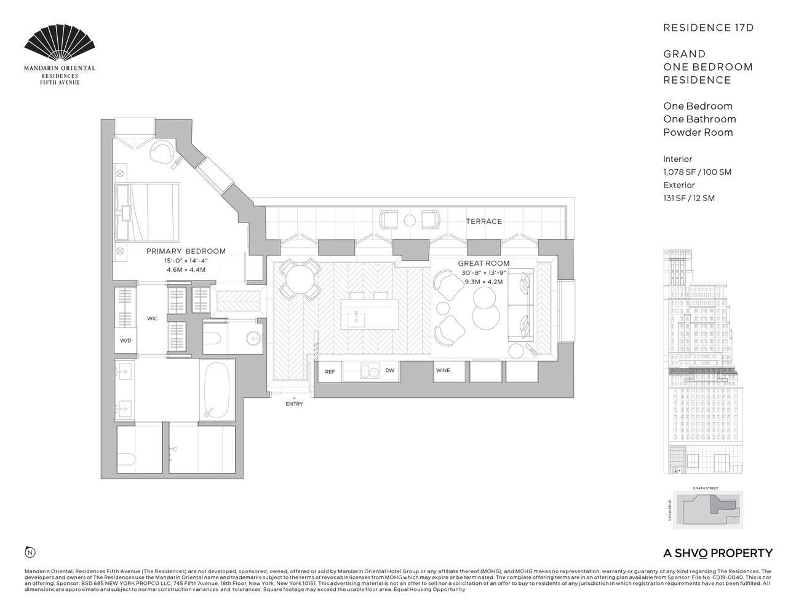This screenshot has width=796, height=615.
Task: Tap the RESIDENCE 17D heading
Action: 708,28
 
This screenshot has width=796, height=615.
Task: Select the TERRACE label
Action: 484,221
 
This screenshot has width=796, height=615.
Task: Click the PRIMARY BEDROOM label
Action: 186,252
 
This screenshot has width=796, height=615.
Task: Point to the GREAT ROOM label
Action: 484,263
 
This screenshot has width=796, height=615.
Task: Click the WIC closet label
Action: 152,319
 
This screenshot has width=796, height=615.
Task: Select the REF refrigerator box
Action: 330,371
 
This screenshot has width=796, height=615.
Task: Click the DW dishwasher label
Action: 389,371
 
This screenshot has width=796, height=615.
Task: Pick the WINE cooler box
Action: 443,371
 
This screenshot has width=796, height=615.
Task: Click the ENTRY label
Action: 294,404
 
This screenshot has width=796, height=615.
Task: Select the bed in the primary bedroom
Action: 148,213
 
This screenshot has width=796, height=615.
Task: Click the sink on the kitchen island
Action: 355,318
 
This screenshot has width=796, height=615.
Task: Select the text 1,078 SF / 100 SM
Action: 697,172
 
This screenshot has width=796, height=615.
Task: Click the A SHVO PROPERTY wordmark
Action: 717,553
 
